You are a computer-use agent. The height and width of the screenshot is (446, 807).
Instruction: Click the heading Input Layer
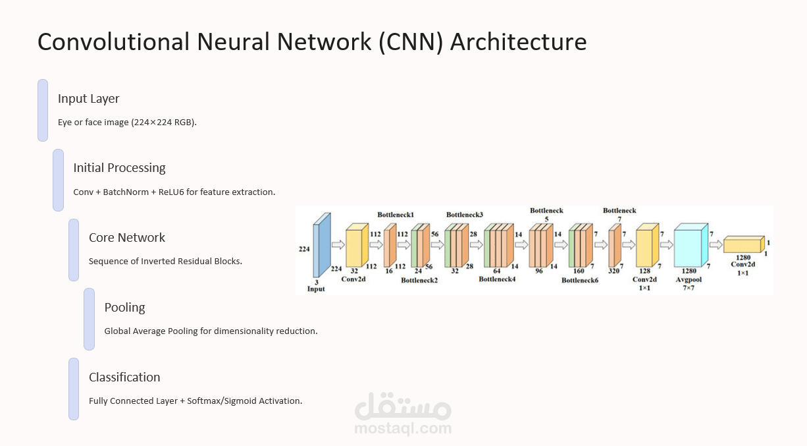click(x=89, y=99)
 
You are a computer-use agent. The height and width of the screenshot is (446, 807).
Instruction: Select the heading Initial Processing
click(x=119, y=168)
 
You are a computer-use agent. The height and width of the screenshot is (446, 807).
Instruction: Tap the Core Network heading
click(x=127, y=238)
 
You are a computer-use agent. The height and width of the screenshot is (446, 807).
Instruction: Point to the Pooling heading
click(x=124, y=308)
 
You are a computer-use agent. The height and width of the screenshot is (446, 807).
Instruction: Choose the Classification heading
click(x=124, y=377)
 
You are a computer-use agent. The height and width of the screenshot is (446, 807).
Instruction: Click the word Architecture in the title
click(x=518, y=42)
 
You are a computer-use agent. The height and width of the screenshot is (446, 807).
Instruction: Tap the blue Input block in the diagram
click(x=321, y=245)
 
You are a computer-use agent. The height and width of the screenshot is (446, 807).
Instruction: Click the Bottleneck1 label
click(x=396, y=215)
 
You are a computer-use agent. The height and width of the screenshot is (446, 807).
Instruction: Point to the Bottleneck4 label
click(x=497, y=279)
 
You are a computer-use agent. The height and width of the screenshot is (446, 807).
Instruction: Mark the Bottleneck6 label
click(x=580, y=280)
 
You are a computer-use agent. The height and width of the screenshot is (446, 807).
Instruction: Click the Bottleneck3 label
click(x=465, y=215)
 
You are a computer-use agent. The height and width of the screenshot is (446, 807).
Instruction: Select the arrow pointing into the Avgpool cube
click(x=667, y=245)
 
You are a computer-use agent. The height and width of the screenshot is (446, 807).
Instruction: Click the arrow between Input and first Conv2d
click(x=338, y=245)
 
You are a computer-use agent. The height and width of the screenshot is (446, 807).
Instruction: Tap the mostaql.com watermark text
click(x=403, y=429)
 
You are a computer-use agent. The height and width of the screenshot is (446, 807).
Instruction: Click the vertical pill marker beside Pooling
click(x=89, y=319)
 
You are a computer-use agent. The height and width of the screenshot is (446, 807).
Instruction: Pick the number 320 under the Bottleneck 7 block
click(x=614, y=271)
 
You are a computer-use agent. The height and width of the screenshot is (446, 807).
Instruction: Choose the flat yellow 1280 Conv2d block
click(x=744, y=245)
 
